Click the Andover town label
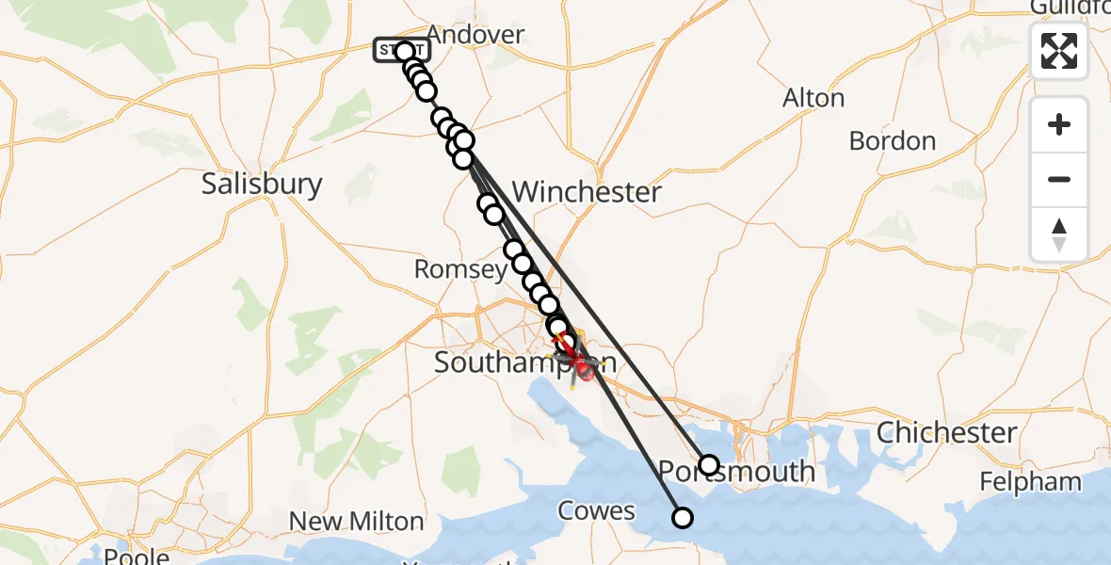click(480, 36)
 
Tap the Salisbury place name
click(262, 184)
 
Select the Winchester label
click(587, 193)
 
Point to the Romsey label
click(460, 270)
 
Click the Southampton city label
click(524, 363)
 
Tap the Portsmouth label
click(736, 471)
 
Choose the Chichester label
click(947, 433)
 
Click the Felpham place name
click(1030, 482)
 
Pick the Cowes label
click(596, 511)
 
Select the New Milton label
click(356, 521)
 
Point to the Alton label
click(813, 98)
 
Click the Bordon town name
click(892, 141)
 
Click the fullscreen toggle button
click(1059, 51)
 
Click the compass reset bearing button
click(1059, 234)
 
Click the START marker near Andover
click(402, 51)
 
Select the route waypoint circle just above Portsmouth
click(709, 464)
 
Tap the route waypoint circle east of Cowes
click(682, 517)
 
